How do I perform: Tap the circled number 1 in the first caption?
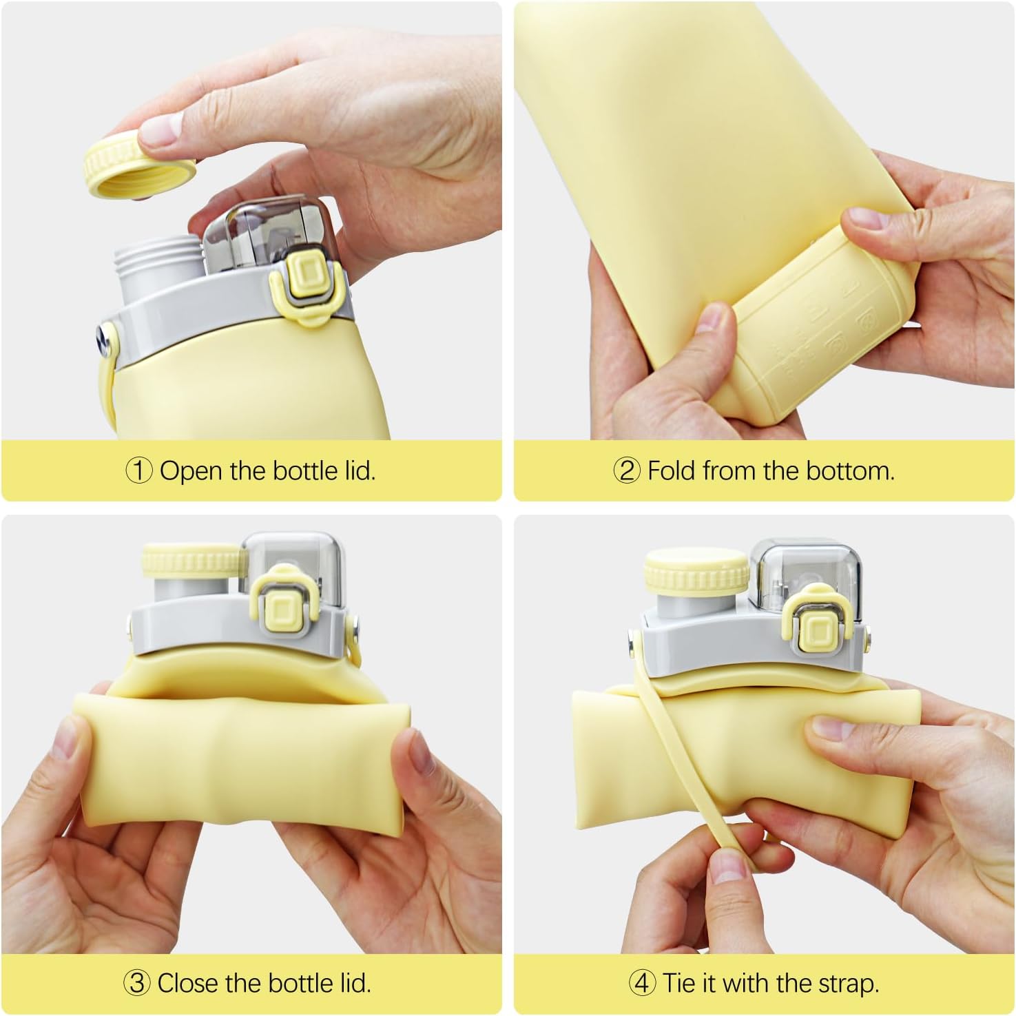coord(138,471)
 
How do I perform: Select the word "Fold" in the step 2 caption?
coord(672,471)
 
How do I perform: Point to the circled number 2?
coord(626,471)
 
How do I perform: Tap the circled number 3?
coord(137,982)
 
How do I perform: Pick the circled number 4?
coord(642,982)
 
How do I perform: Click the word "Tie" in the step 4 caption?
coord(678,982)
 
